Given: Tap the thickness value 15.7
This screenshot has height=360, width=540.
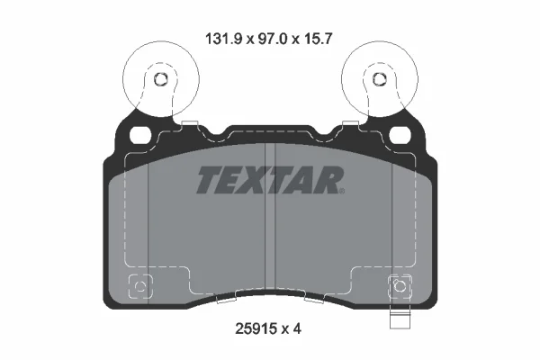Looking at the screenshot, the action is pos(318,39).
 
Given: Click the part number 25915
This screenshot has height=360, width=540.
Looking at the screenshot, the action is pos(256,329).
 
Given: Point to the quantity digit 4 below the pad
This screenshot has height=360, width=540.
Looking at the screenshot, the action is pos(297,329).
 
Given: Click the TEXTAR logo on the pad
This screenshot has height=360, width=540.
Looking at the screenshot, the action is pos(270,180).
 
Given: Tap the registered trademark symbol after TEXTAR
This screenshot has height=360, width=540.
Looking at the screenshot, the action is pos(341,191).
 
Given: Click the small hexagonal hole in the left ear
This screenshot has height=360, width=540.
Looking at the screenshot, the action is pos(160,79).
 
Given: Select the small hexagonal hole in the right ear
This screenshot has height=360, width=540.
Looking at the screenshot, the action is pos(380,79).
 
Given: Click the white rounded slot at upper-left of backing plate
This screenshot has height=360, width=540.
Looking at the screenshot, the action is pos(140,135).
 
